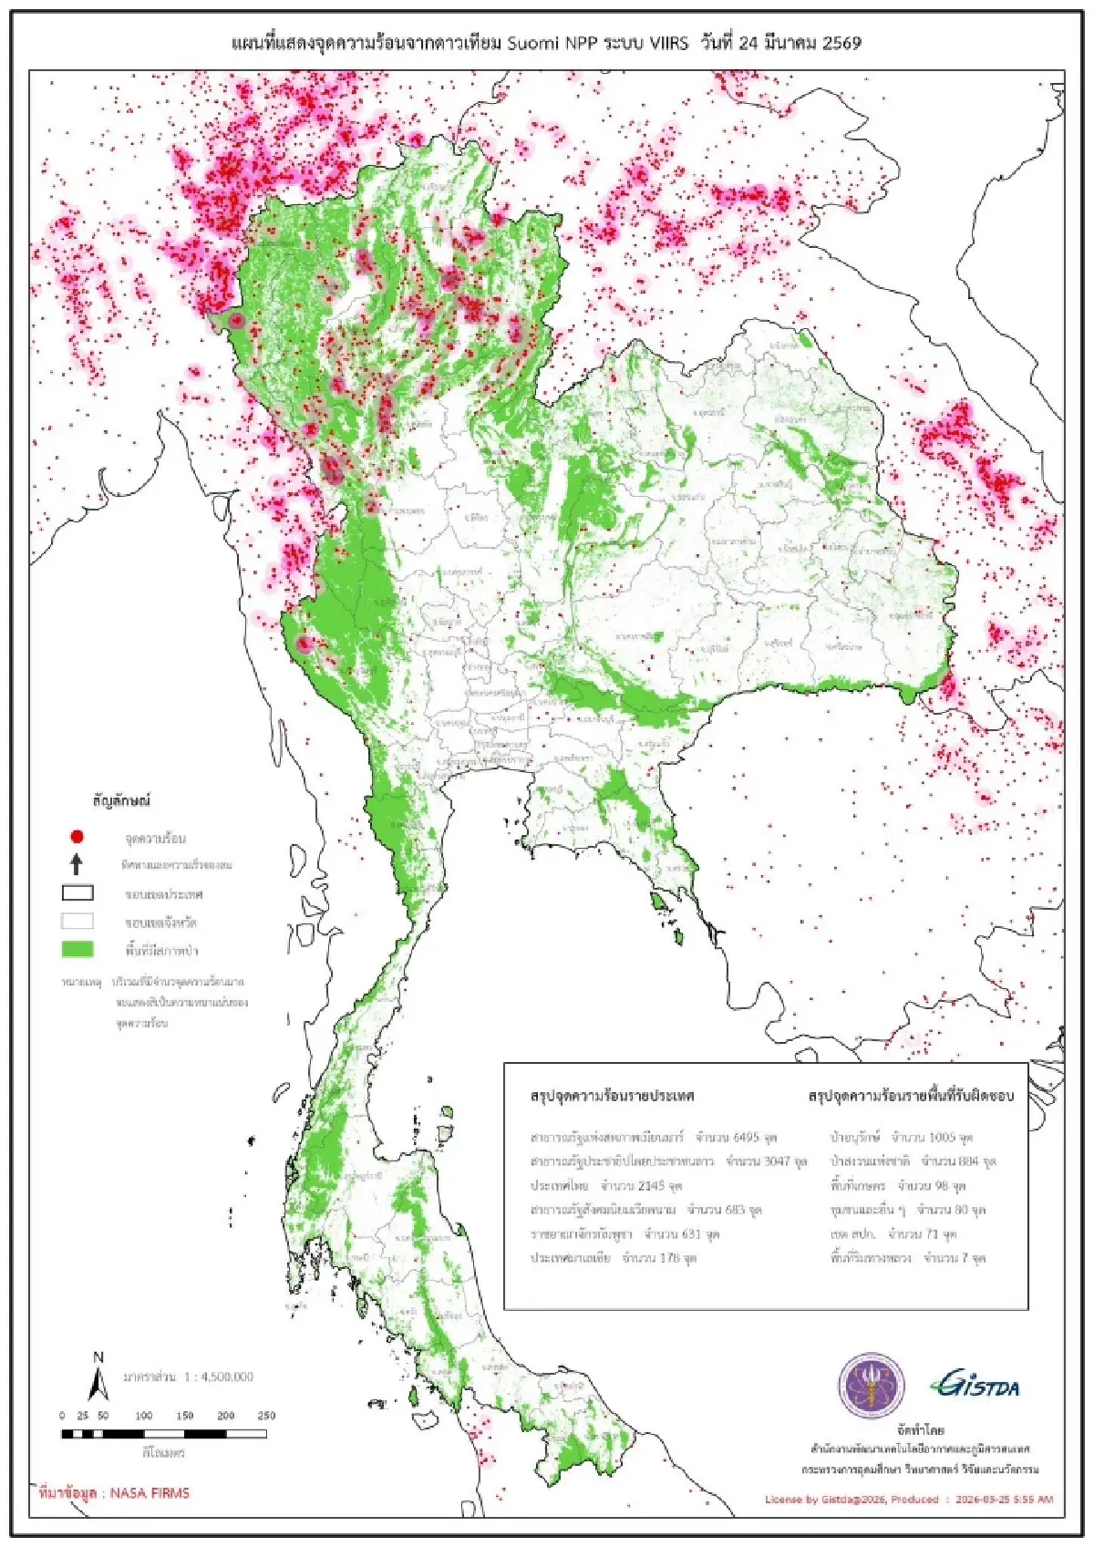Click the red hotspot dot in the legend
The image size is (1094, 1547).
click(77, 836)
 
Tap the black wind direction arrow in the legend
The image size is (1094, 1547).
click(77, 863)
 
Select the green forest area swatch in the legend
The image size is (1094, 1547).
click(77, 949)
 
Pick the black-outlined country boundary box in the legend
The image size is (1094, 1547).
click(77, 892)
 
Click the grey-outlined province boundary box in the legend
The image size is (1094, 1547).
click(77, 921)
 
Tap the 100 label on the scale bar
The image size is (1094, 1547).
click(144, 1416)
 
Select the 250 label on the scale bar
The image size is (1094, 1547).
click(265, 1416)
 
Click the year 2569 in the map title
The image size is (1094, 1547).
click(841, 44)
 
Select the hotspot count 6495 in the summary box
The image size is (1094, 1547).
click(745, 1138)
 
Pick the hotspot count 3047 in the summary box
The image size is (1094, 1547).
click(776, 1162)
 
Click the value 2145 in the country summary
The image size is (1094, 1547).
click(651, 1186)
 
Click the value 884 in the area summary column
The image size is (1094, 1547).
click(968, 1162)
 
